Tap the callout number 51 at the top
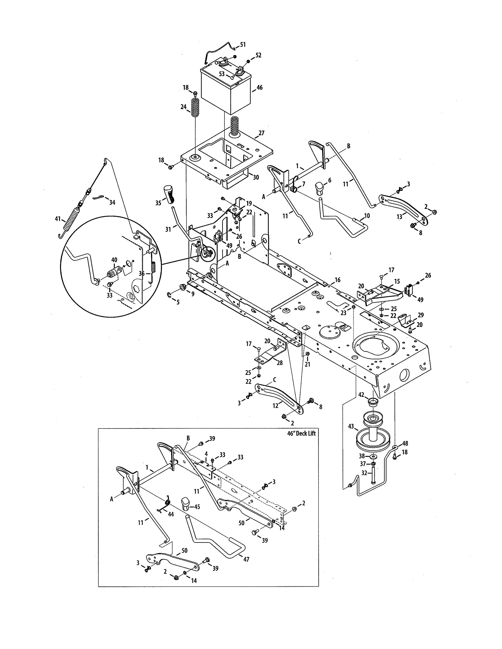point(243,45)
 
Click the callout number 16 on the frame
point(337,280)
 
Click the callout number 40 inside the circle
point(114,260)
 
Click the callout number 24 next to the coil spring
point(183,107)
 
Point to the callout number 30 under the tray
point(256,177)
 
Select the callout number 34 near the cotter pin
point(112,202)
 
